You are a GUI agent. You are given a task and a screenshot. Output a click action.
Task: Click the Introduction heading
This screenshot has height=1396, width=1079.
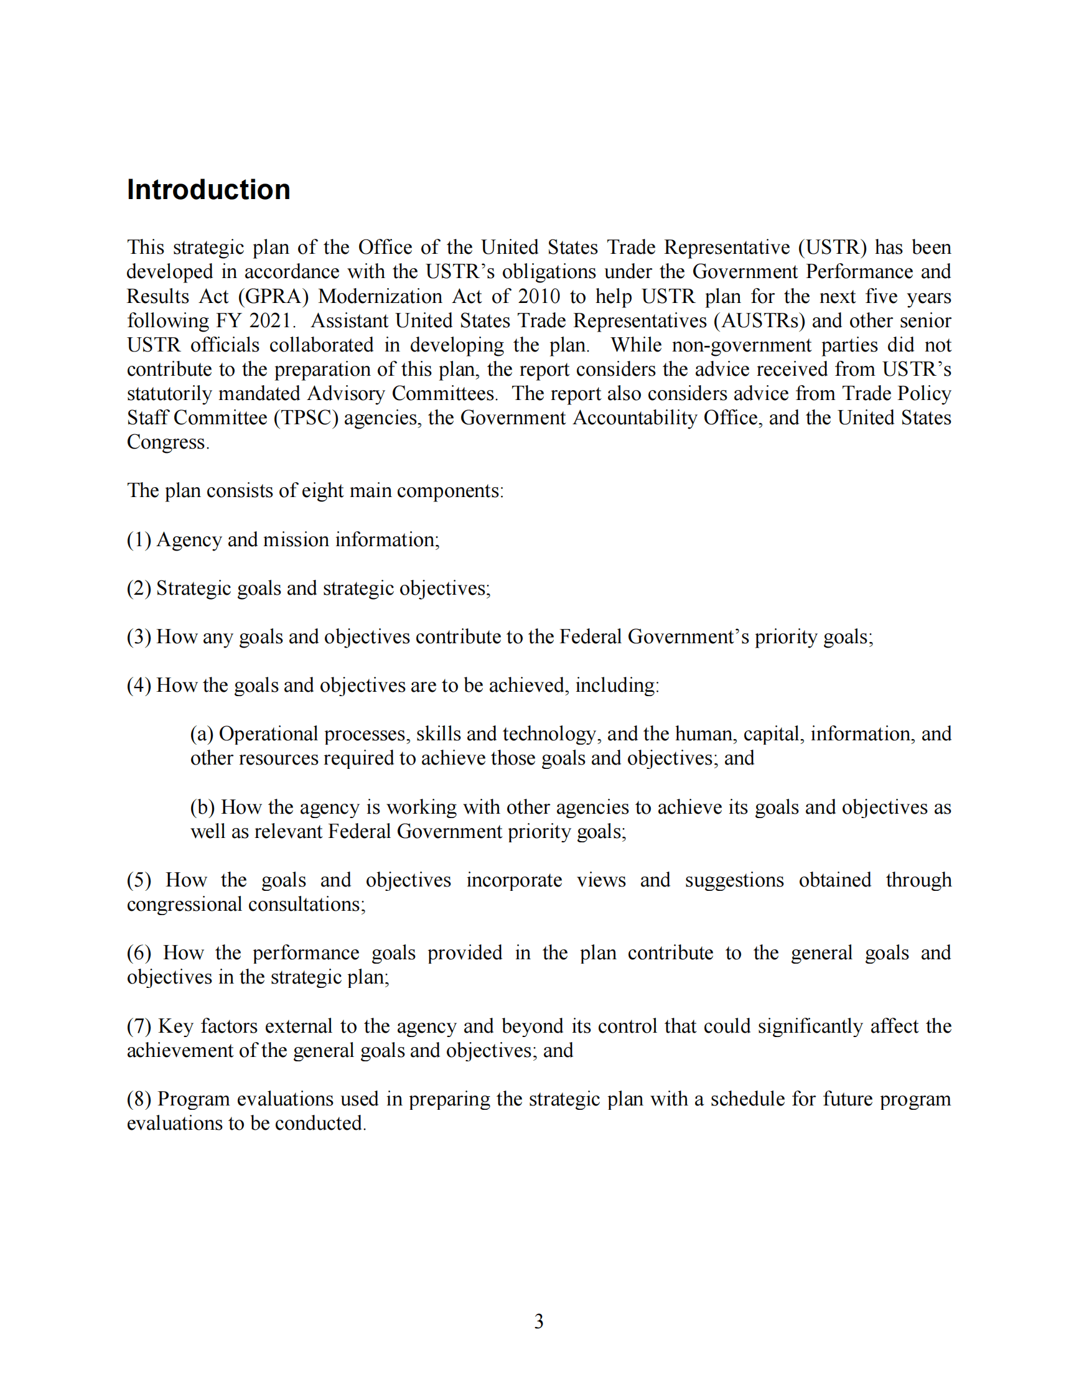(x=208, y=190)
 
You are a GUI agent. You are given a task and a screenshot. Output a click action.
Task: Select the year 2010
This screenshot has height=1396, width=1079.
(x=539, y=297)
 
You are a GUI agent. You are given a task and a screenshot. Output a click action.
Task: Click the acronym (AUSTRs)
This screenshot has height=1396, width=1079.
(x=759, y=321)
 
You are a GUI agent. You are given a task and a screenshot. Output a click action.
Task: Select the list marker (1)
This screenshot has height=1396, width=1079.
(x=139, y=540)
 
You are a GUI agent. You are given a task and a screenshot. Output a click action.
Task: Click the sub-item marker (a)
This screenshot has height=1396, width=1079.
(x=202, y=734)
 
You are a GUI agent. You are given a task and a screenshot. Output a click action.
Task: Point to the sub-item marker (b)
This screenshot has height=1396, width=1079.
(x=203, y=807)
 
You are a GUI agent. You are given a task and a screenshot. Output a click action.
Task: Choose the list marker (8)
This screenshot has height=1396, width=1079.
(x=139, y=1099)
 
